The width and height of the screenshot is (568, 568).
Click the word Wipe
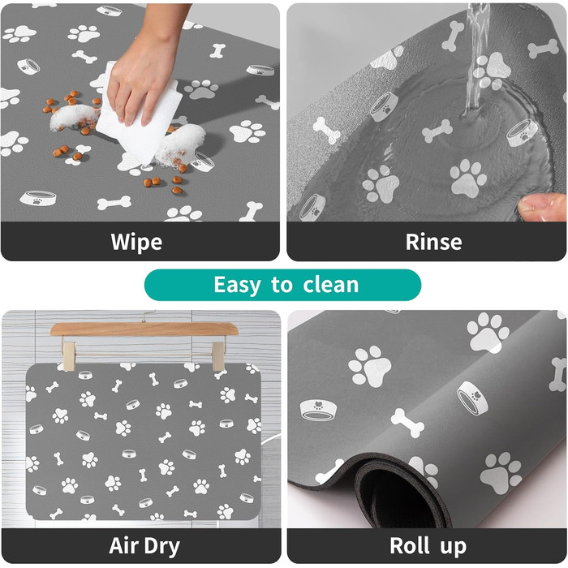point(136,242)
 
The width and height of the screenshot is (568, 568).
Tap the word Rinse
point(433,242)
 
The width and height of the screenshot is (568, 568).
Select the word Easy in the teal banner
point(237,285)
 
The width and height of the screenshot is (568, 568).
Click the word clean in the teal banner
point(331,285)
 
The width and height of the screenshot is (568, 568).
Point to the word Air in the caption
point(123,545)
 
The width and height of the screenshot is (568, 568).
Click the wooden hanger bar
point(144,329)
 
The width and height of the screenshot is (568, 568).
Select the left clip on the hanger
point(68,355)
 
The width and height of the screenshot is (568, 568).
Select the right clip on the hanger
point(219,355)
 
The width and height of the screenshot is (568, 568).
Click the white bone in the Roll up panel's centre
point(407,423)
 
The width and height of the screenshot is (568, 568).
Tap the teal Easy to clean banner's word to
point(282,286)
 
